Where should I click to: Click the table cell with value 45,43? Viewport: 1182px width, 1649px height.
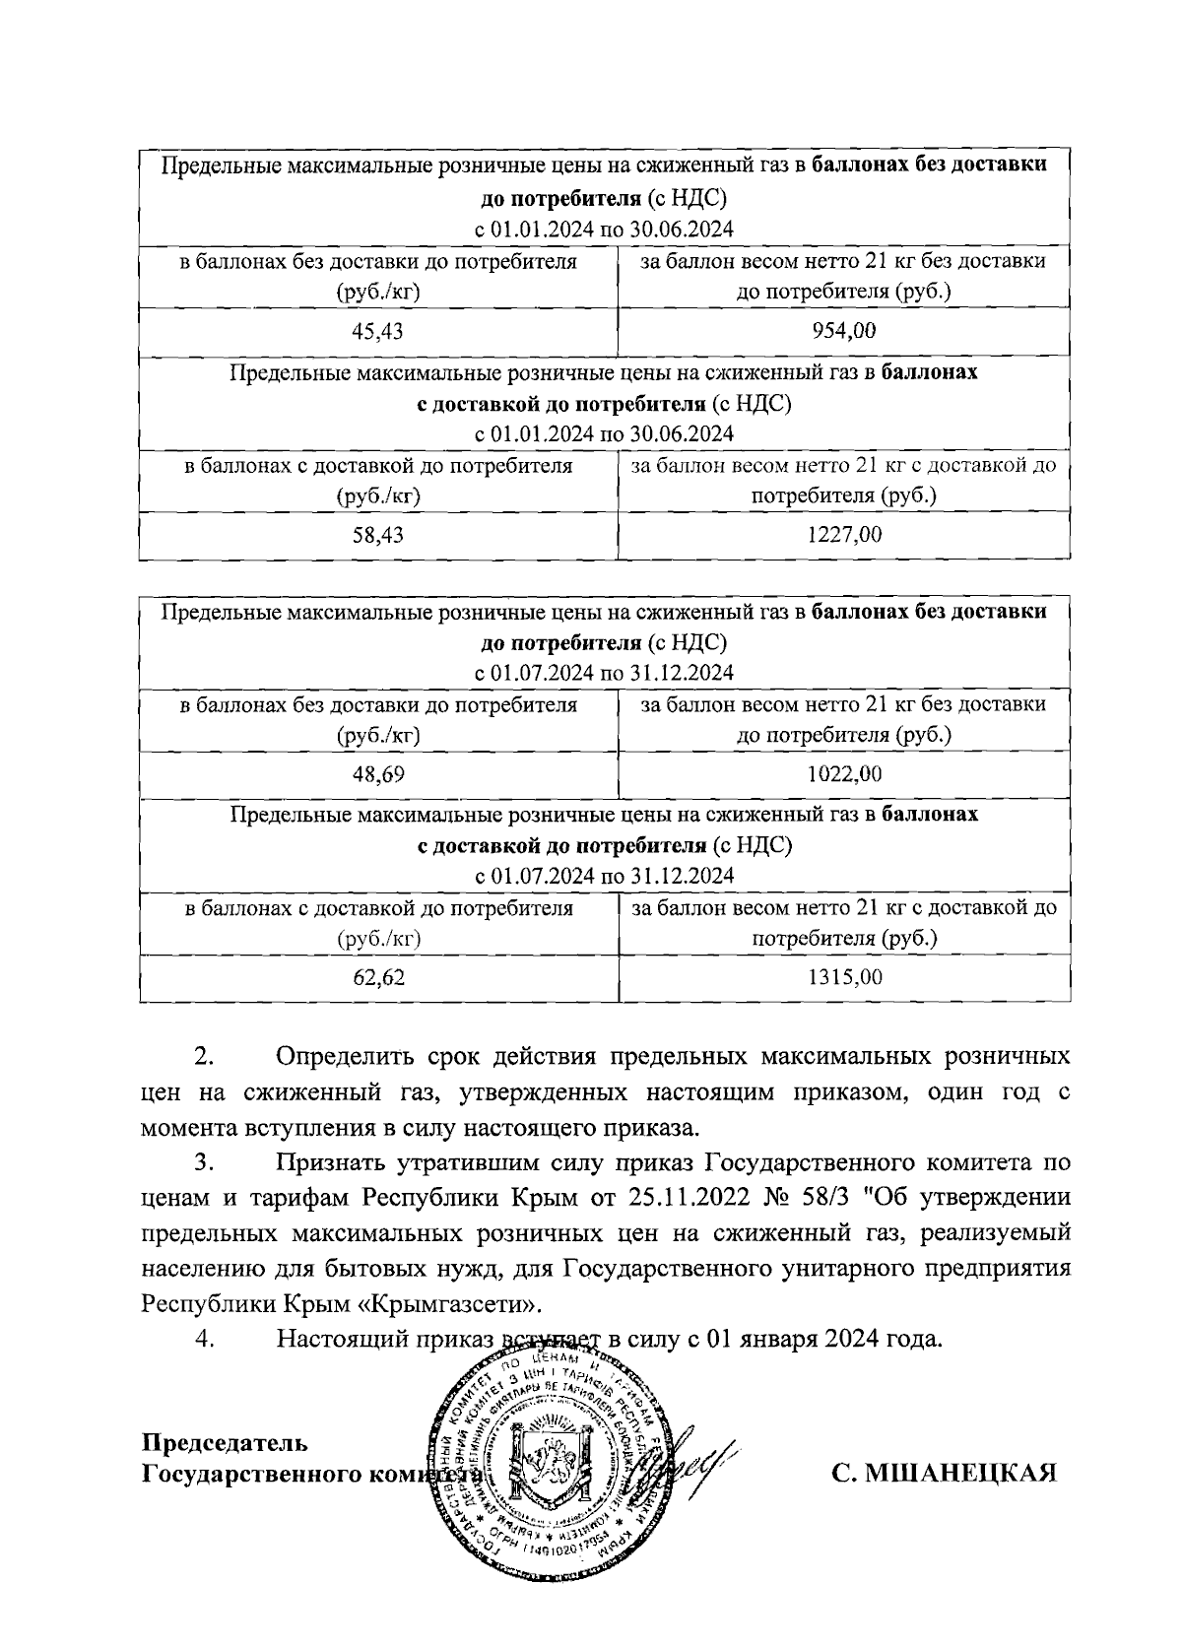point(378,331)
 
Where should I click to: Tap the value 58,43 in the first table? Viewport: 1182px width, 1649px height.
point(378,535)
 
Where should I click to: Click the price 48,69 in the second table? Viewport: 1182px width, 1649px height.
point(378,774)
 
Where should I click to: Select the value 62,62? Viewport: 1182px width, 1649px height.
point(378,977)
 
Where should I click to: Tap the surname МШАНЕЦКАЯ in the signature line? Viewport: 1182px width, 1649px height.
point(944,1473)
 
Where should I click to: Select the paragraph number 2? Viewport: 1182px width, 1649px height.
point(204,1057)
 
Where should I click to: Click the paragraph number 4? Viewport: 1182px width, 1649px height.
point(205,1339)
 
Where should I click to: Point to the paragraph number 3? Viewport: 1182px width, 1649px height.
point(204,1162)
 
